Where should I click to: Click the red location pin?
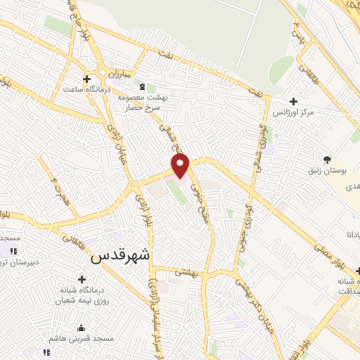(x=181, y=166)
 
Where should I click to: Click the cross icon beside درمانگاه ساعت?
(x=86, y=79)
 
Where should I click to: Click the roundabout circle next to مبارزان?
(x=102, y=73)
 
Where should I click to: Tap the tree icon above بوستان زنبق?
(x=326, y=158)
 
